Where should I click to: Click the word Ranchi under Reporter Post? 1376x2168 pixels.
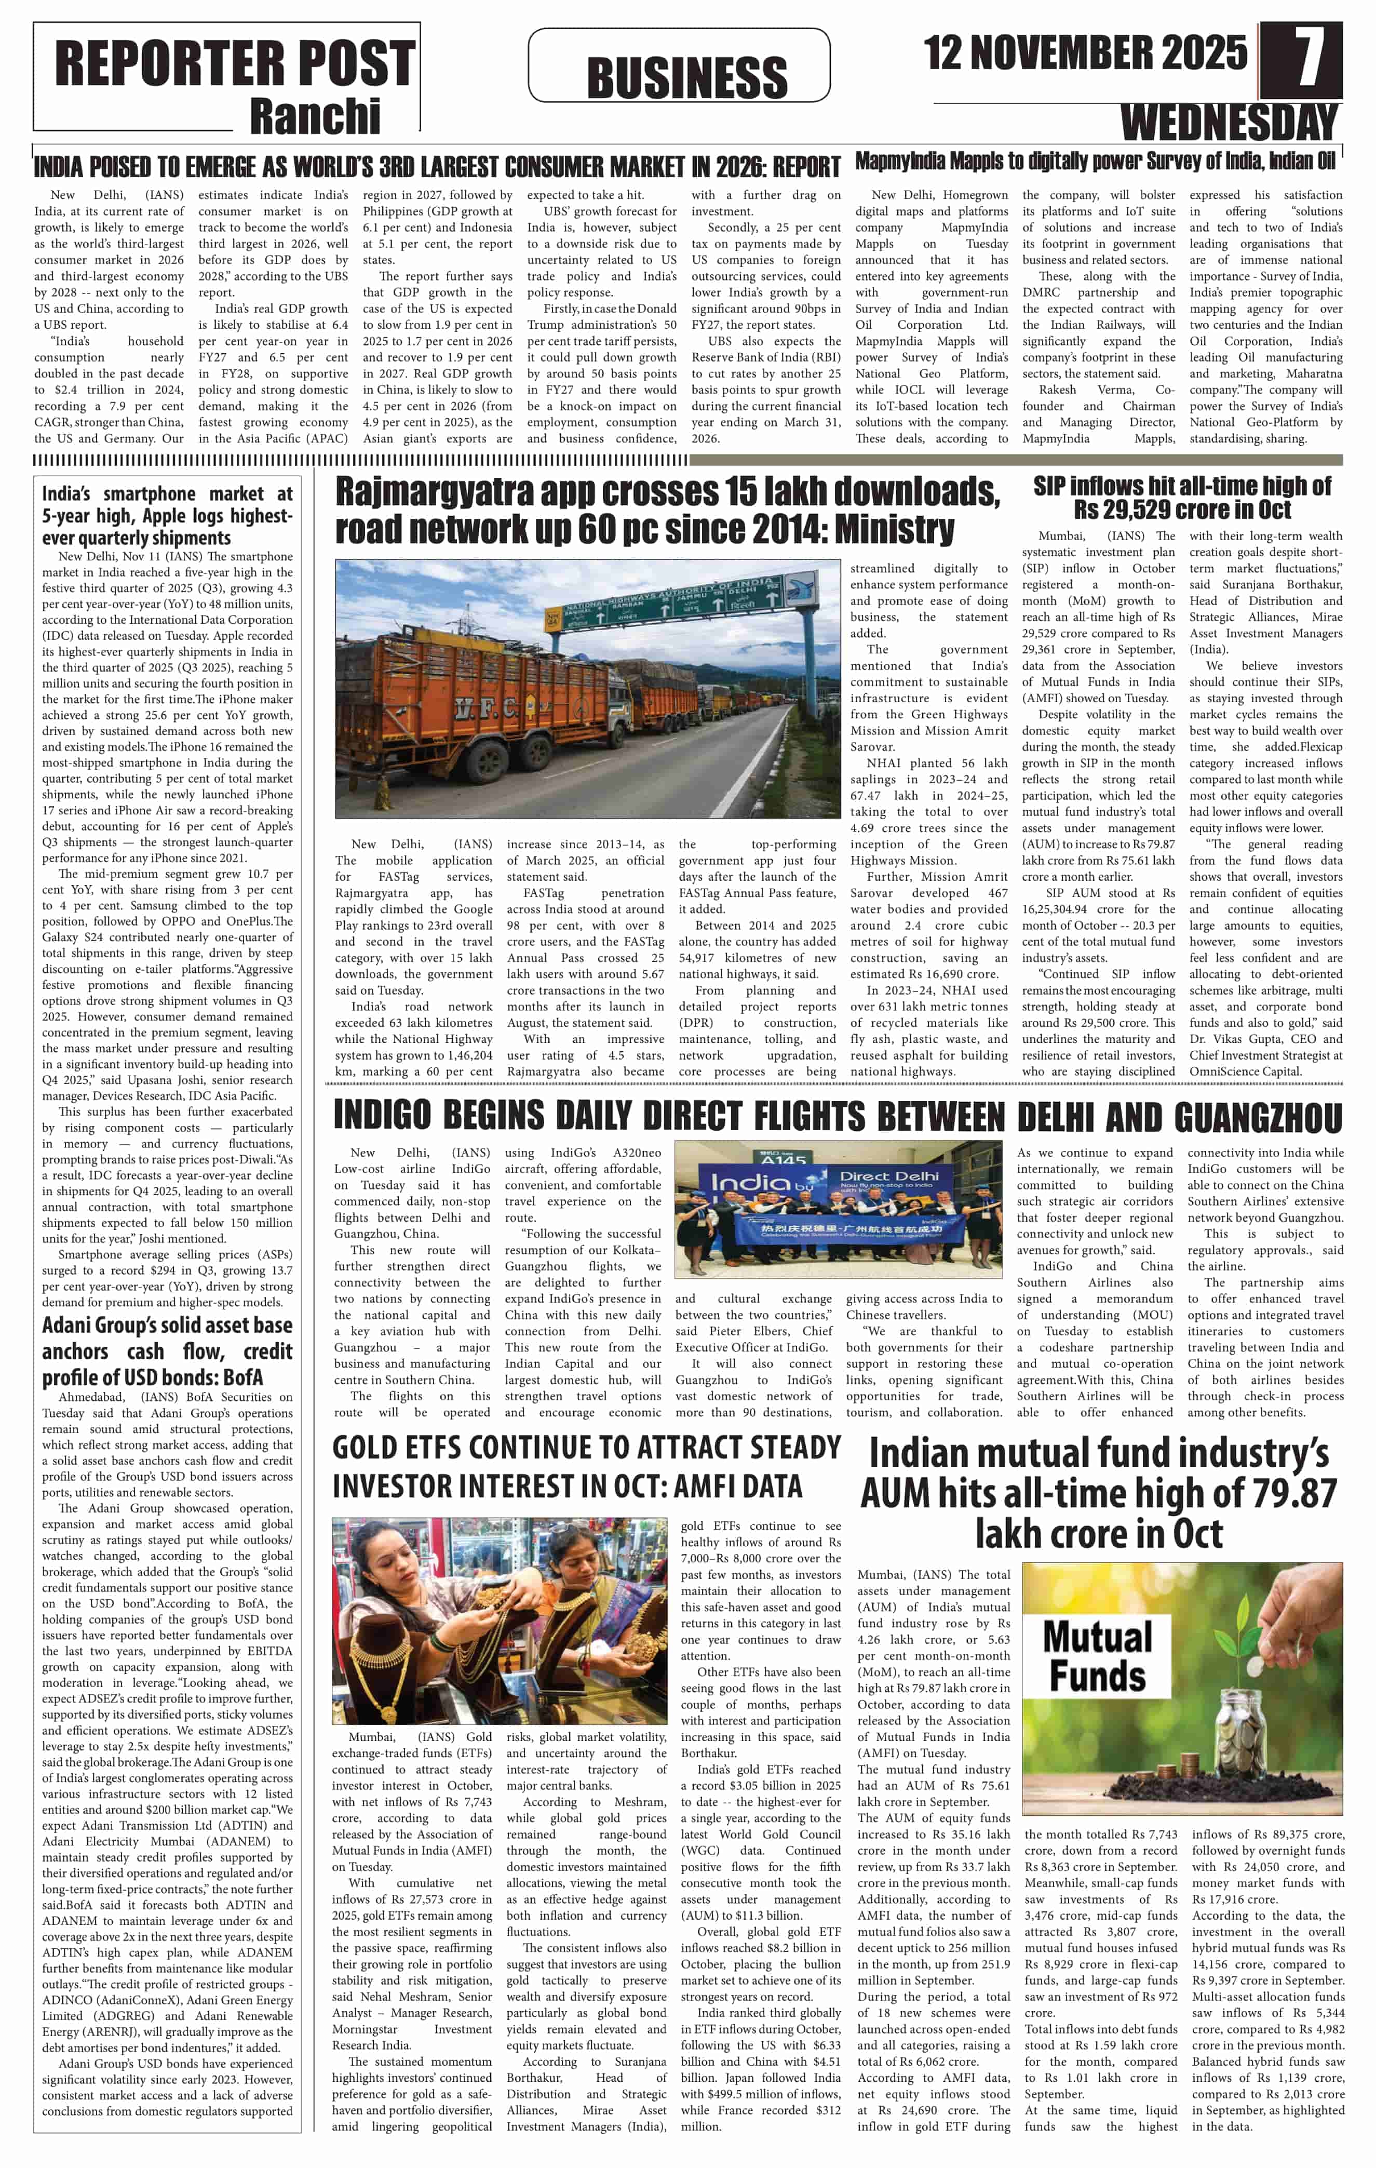315,116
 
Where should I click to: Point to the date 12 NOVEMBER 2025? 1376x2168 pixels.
1085,52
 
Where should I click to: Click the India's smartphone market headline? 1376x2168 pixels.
167,515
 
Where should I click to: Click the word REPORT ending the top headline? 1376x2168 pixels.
805,167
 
